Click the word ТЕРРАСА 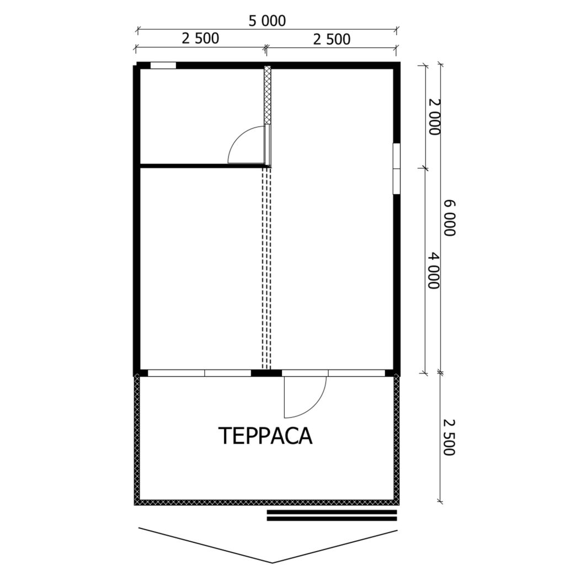265,435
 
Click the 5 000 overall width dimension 267,21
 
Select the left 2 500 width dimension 200,38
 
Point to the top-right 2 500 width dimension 332,39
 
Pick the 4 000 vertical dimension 434,270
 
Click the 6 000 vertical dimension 449,218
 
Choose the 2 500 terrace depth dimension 449,437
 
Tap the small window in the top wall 163,65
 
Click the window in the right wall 396,169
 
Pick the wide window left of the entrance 199,373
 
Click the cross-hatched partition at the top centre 268,95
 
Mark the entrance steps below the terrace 332,515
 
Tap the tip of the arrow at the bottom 272,562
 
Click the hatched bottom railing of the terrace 267,502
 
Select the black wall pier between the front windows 266,373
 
